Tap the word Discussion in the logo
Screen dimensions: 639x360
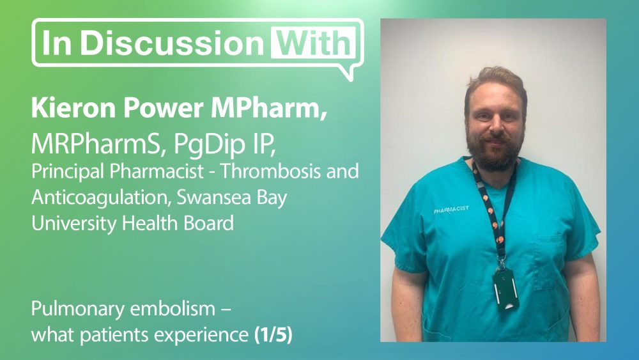pos(171,42)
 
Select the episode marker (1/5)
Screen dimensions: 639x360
pos(273,335)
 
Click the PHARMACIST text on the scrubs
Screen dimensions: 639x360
pos(451,210)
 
